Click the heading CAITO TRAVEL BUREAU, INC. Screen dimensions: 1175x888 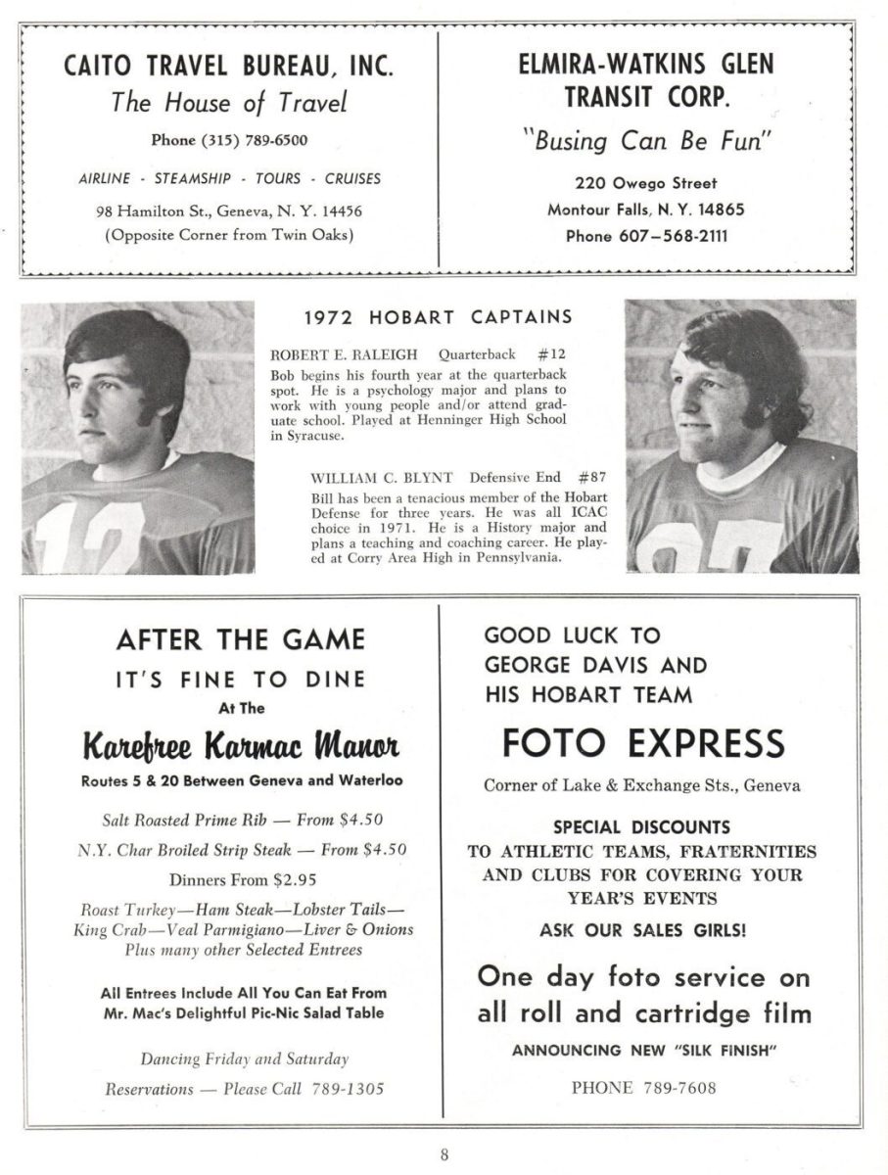[x=228, y=68]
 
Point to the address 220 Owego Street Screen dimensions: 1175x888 [x=645, y=183]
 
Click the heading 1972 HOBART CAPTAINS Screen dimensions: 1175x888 [x=438, y=317]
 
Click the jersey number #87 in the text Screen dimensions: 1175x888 [x=592, y=477]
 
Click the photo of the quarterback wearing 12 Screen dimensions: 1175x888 [x=137, y=437]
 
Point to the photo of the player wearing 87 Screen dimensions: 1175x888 [x=742, y=437]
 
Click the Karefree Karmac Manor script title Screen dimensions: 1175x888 [x=241, y=750]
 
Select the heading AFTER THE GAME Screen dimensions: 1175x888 [x=241, y=640]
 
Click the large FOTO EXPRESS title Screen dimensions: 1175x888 [x=643, y=744]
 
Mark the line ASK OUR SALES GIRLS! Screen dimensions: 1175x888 [x=642, y=930]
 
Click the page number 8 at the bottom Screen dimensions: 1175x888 [x=444, y=1152]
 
